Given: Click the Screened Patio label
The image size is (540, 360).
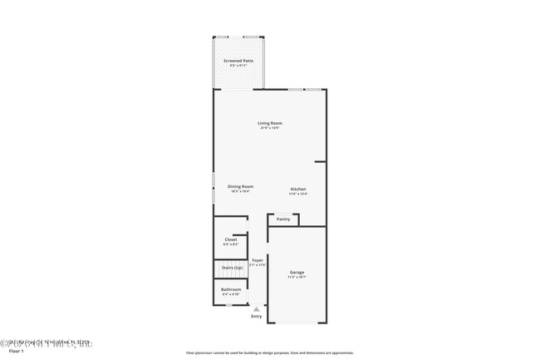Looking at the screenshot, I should click(238, 62).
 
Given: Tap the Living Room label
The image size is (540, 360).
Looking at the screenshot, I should click(270, 123).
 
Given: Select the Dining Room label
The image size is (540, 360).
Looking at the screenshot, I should click(241, 186).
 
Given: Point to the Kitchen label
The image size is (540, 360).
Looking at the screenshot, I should click(298, 190).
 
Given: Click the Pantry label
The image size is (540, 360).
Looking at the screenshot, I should click(283, 219).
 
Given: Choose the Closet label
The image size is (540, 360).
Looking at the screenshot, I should click(231, 239).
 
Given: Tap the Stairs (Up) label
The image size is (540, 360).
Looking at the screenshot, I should click(232, 268).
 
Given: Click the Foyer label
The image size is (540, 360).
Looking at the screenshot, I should click(258, 260).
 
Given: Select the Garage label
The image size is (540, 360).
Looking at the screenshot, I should click(297, 273).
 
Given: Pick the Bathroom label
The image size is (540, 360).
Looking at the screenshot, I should click(231, 289).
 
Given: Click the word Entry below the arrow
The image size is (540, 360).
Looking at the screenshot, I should click(256, 316).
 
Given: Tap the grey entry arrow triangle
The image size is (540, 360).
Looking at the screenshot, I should click(256, 308).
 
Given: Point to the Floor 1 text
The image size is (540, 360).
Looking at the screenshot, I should click(17, 351).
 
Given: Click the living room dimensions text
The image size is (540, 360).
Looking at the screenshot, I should click(270, 128).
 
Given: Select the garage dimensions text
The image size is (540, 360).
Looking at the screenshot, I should click(297, 278).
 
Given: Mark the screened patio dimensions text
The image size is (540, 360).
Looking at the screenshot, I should click(238, 67).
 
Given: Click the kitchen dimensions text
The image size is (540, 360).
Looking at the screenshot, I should click(298, 195).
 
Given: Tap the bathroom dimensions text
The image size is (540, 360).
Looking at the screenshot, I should click(231, 294).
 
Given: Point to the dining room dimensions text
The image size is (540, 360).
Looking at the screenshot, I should click(241, 191).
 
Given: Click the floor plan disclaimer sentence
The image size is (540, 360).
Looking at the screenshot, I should click(270, 353).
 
